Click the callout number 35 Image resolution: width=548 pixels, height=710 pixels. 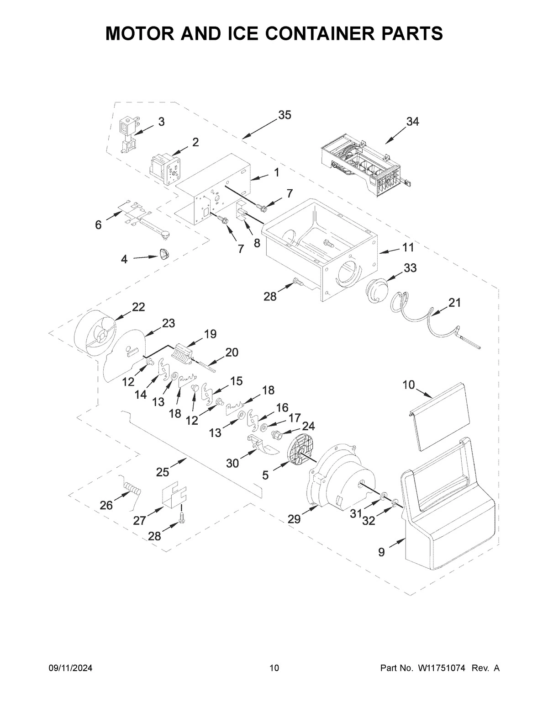[284, 115]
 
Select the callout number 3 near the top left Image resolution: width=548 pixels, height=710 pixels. [162, 122]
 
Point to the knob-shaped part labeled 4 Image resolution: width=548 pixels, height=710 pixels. [164, 254]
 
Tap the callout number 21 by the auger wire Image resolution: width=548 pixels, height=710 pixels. [454, 303]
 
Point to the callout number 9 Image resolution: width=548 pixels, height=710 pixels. [381, 552]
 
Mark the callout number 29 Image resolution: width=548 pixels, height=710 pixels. [295, 518]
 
